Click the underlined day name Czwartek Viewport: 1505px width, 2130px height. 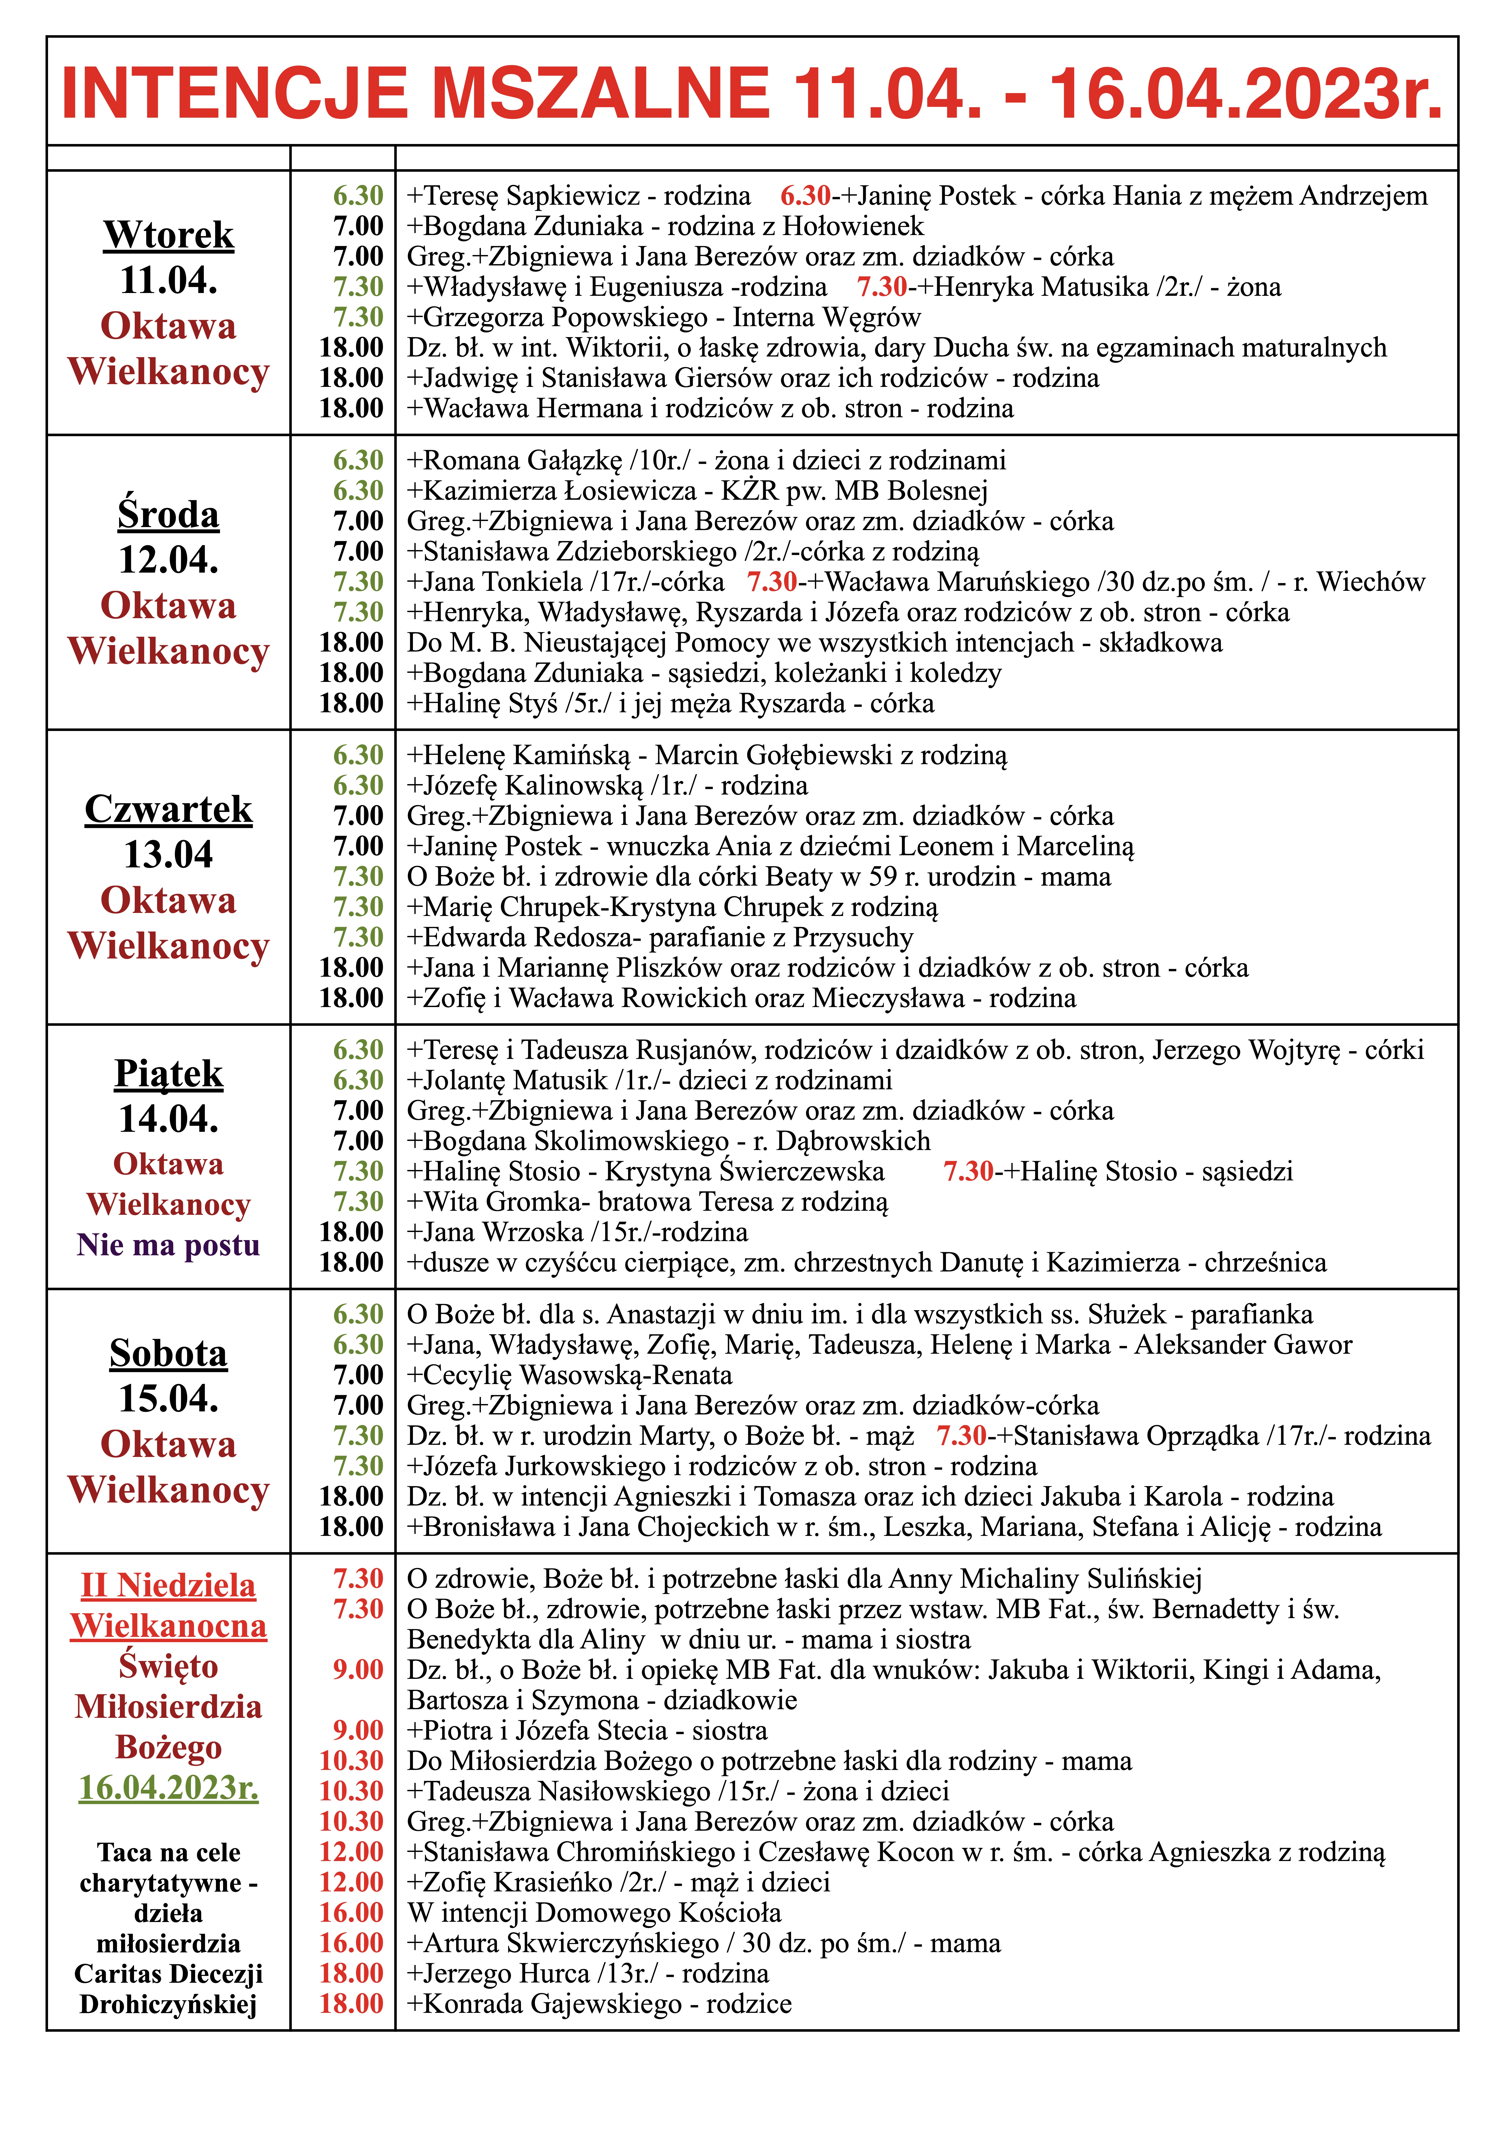click(169, 809)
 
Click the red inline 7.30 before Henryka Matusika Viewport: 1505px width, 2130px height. click(881, 288)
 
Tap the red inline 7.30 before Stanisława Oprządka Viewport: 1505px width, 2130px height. click(961, 1436)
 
